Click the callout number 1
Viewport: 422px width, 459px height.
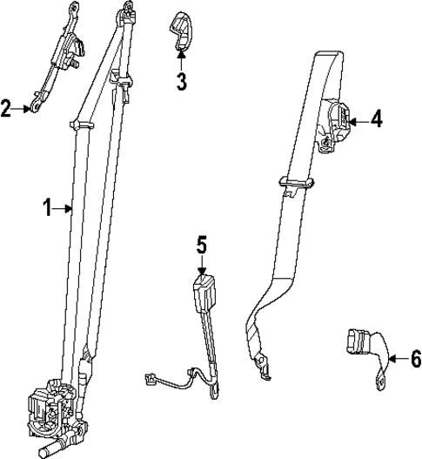pyautogui.click(x=47, y=207)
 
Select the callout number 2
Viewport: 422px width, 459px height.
pyautogui.click(x=6, y=109)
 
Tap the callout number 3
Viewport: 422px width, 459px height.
pyautogui.click(x=181, y=82)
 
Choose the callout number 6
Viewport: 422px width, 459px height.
pyautogui.click(x=415, y=357)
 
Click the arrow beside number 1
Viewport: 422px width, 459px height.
pyautogui.click(x=64, y=207)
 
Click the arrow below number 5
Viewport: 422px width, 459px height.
pyautogui.click(x=201, y=267)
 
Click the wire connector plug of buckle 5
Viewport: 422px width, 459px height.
pyautogui.click(x=150, y=378)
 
